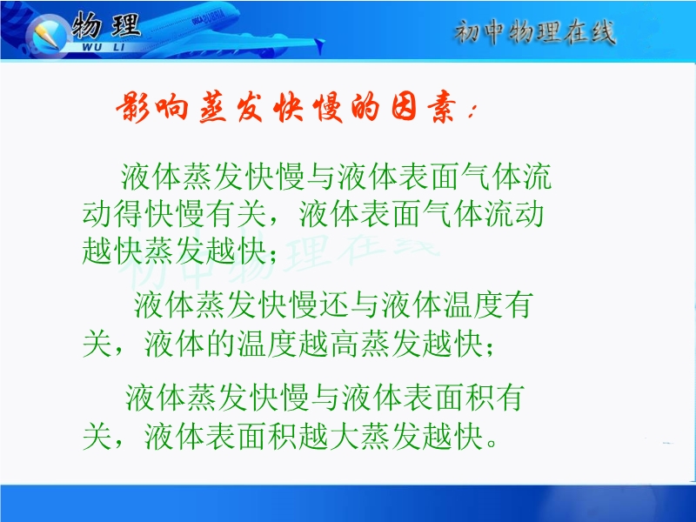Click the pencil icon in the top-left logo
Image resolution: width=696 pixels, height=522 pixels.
pyautogui.click(x=47, y=36)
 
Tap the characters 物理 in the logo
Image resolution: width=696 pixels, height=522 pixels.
pyautogui.click(x=105, y=24)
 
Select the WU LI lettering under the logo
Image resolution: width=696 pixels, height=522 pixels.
pyautogui.click(x=104, y=47)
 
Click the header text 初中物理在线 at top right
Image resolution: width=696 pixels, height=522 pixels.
pyautogui.click(x=534, y=32)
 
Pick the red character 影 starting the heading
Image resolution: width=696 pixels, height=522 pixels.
pyautogui.click(x=134, y=107)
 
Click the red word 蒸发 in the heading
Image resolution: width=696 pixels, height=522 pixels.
pyautogui.click(x=231, y=107)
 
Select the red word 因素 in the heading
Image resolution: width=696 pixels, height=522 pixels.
pyautogui.click(x=424, y=107)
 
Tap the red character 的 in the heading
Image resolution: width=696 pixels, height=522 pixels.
pyautogui.click(x=365, y=107)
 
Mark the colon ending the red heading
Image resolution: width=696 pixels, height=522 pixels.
pyautogui.click(x=472, y=113)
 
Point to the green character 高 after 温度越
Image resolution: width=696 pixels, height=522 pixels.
pyautogui.click(x=345, y=344)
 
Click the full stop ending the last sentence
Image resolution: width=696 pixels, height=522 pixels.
pyautogui.click(x=492, y=444)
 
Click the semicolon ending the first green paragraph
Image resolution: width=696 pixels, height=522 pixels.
pyautogui.click(x=272, y=255)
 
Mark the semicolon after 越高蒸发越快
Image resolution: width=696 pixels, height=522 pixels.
pyautogui.click(x=490, y=348)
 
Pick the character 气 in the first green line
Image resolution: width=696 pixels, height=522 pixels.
pyautogui.click(x=476, y=177)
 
